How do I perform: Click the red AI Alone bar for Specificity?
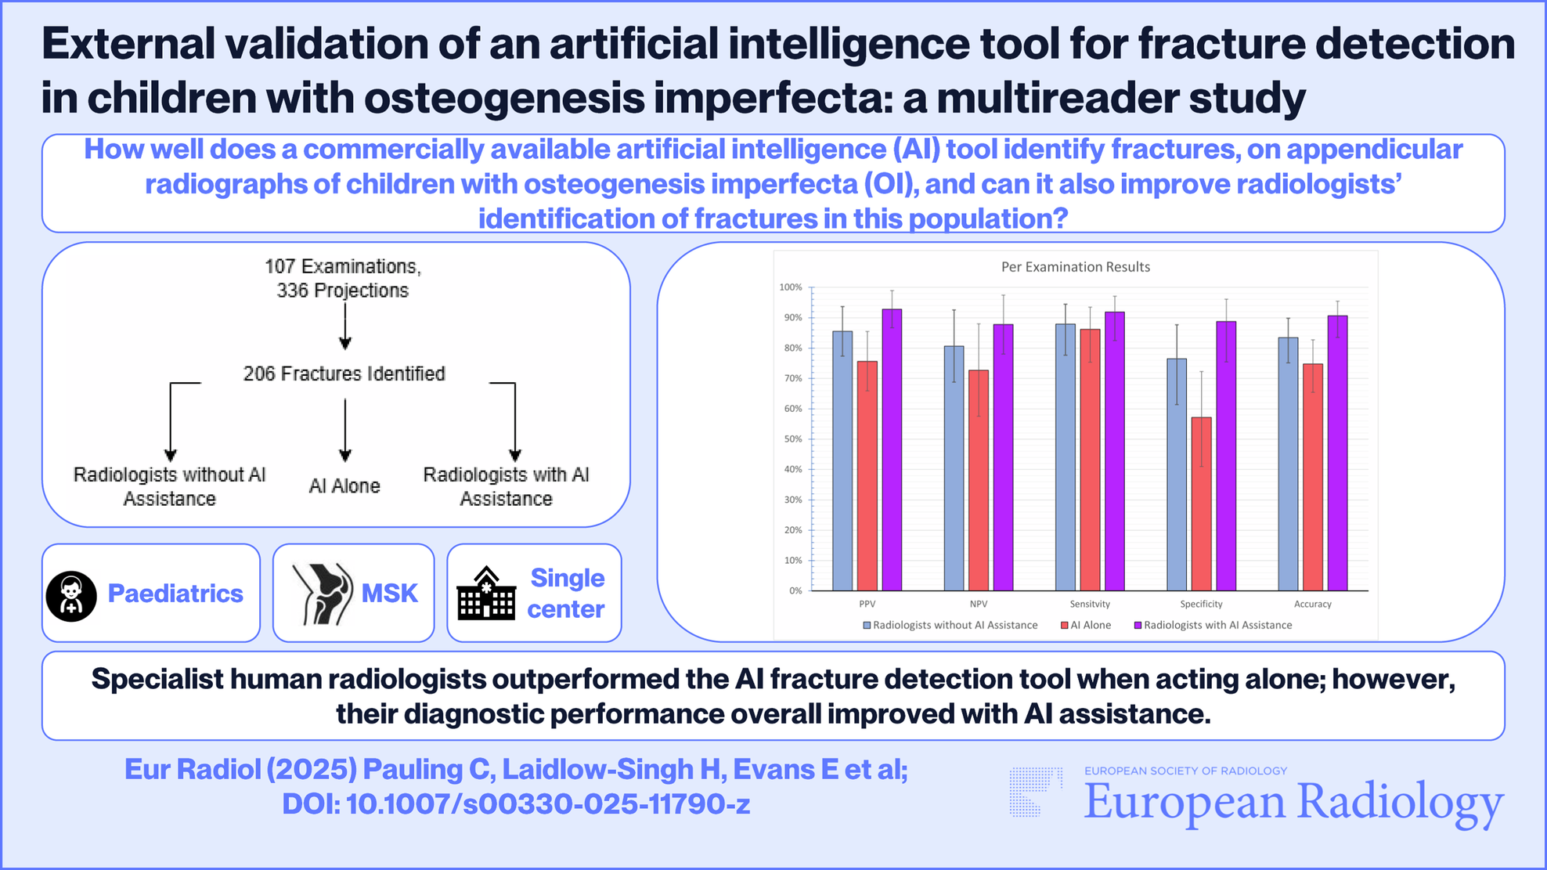click(1201, 504)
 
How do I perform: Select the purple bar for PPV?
click(892, 449)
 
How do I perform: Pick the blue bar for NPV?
click(954, 468)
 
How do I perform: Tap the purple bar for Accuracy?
click(1337, 453)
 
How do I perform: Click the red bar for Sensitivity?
click(1090, 460)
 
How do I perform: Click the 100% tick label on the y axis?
click(791, 287)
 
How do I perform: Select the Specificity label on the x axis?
click(1201, 604)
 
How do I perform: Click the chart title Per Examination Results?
click(1076, 267)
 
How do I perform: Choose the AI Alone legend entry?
click(1086, 625)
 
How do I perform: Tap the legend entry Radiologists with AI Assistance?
click(1213, 625)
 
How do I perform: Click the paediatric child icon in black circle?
click(71, 596)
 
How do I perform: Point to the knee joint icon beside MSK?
click(323, 594)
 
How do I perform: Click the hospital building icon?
click(486, 593)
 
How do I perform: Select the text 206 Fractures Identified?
click(344, 374)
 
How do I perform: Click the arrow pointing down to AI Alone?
click(344, 430)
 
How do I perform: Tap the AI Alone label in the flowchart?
click(344, 486)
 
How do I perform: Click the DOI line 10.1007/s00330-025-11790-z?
click(516, 804)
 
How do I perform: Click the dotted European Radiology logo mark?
click(1036, 792)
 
